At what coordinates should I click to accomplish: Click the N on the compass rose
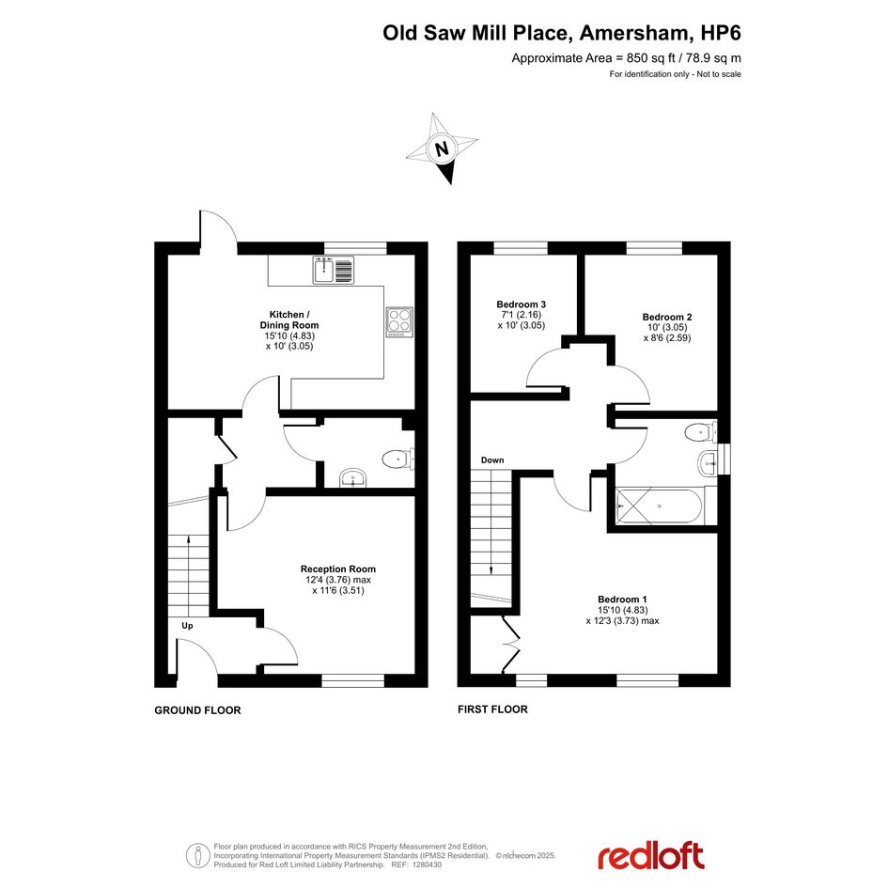[442, 148]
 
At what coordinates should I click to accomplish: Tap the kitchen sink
[334, 270]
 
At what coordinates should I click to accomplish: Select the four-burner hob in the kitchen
[399, 322]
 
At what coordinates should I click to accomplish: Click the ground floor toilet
[398, 459]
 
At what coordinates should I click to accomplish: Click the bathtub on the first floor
[660, 506]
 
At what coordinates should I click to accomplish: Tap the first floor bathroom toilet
[700, 433]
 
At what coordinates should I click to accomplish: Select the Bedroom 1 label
[622, 600]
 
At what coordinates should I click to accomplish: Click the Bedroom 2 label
[666, 318]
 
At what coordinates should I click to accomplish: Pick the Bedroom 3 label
[521, 304]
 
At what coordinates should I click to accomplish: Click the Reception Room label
[338, 569]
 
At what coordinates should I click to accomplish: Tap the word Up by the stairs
[187, 626]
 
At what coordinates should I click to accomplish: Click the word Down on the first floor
[492, 460]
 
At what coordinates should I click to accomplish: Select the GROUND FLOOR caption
[197, 710]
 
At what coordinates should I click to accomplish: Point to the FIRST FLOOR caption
[492, 709]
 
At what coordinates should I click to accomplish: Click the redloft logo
[651, 856]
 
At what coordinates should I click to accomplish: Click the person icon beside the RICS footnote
[197, 855]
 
